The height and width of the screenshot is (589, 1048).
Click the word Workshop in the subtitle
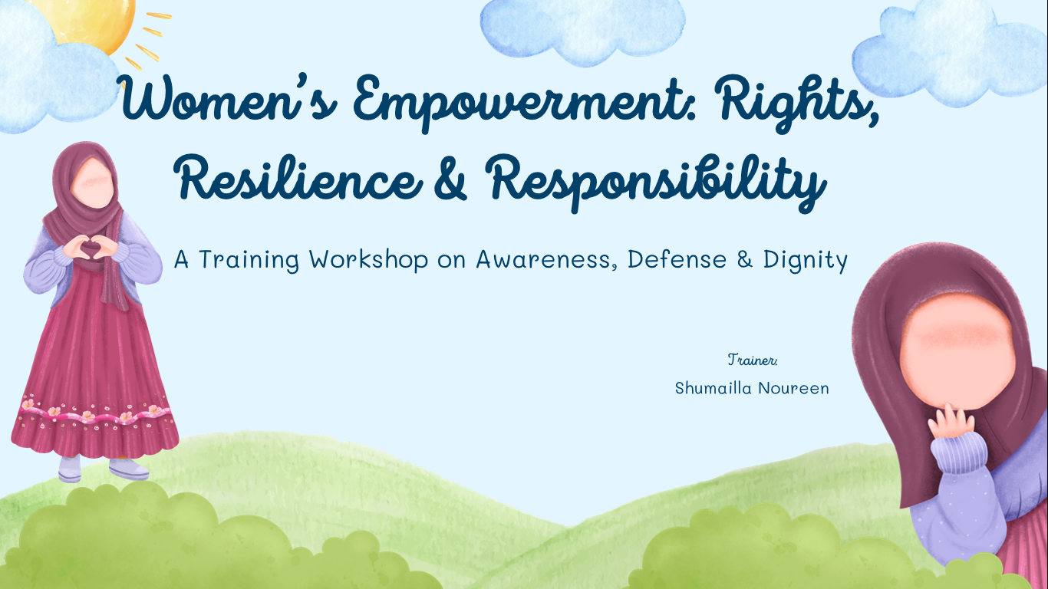click(x=368, y=260)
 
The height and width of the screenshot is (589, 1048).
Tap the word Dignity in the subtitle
click(x=805, y=261)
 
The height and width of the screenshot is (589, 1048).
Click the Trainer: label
click(x=753, y=360)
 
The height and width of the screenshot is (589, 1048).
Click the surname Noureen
click(x=793, y=388)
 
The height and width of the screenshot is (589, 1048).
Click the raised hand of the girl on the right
click(x=951, y=422)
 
